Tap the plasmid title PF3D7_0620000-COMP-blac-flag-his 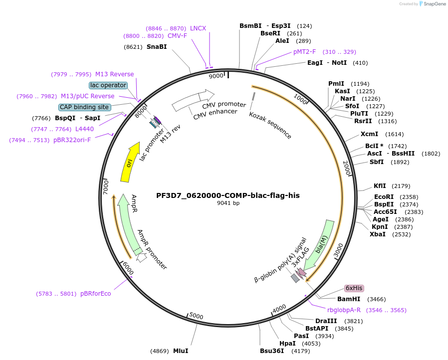228,195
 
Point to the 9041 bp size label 228,203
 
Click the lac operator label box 108,85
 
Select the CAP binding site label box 84,107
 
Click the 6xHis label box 354,288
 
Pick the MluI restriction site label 181,351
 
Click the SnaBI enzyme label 157,47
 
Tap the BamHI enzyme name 349,299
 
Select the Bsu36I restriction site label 272,351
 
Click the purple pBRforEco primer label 96,294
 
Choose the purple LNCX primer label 198,28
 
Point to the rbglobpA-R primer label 344,310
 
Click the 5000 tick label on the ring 197,317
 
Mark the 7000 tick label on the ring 106,188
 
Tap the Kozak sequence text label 270,125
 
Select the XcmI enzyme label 369,134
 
